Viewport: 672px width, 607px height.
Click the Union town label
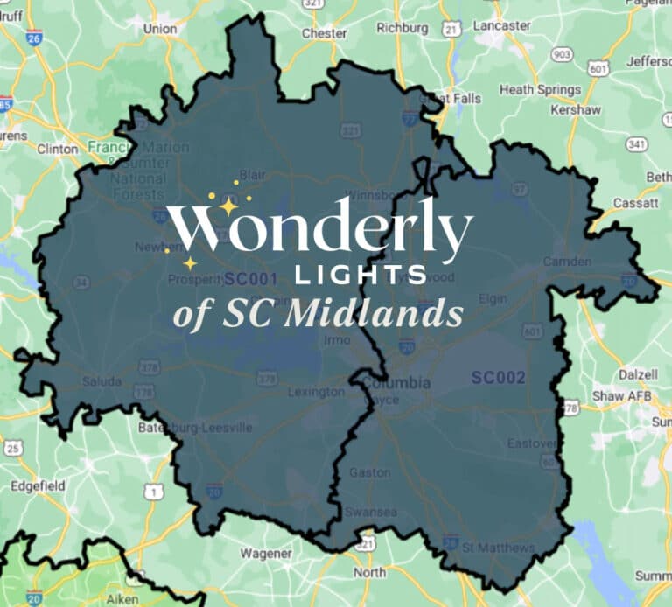(160, 28)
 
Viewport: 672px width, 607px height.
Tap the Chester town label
(324, 33)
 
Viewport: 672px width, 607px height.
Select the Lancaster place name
(501, 26)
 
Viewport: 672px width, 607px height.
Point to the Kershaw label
(576, 110)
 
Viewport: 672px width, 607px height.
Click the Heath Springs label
(540, 90)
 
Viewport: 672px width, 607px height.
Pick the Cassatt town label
(636, 202)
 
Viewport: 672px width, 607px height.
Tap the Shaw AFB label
(620, 396)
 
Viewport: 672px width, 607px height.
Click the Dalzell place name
(637, 373)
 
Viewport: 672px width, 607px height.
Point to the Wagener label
(267, 554)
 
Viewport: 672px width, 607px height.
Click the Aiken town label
(122, 598)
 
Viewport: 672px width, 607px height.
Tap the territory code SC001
(250, 280)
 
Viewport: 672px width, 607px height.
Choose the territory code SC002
(498, 378)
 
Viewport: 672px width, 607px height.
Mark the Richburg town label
(402, 28)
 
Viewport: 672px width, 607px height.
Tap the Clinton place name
(58, 149)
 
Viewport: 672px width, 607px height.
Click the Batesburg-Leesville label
(195, 428)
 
